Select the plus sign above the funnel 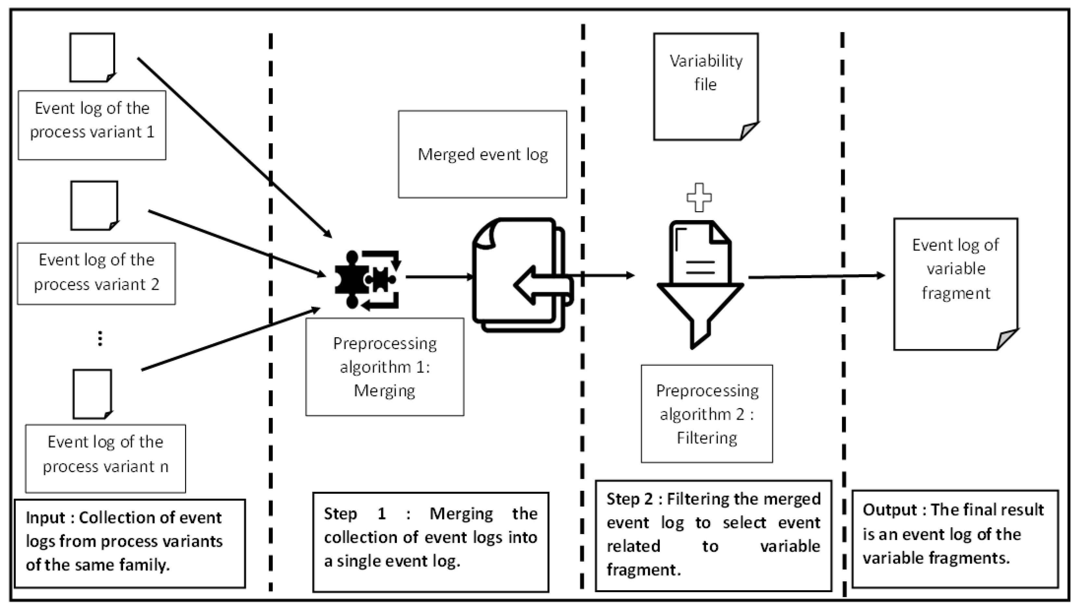click(x=699, y=197)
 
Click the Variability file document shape click(x=705, y=86)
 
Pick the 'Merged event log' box click(x=482, y=154)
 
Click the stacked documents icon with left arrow click(x=521, y=275)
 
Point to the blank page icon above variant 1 click(x=92, y=57)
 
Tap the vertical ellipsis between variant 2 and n click(x=100, y=338)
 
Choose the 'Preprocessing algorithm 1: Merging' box click(x=384, y=367)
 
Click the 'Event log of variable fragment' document click(x=955, y=283)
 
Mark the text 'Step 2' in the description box click(x=629, y=499)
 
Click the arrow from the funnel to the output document click(x=816, y=276)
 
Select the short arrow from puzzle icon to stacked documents click(x=439, y=277)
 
